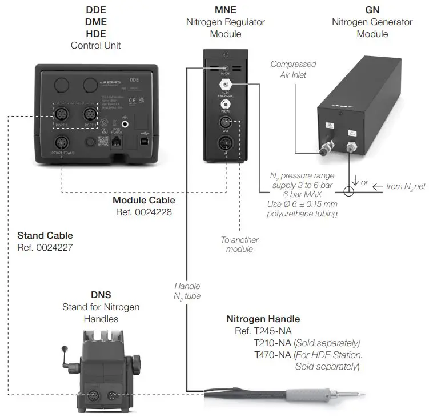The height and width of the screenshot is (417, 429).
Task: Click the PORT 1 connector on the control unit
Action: [x=89, y=113]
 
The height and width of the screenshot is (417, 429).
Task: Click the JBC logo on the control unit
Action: [x=107, y=83]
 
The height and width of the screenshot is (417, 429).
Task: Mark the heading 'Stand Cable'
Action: [x=45, y=235]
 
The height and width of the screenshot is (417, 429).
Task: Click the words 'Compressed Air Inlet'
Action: [x=293, y=70]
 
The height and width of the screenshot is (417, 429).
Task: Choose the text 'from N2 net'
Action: [x=406, y=186]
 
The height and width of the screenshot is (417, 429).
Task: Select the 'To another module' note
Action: [x=239, y=244]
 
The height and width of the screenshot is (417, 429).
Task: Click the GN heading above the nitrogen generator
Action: [x=372, y=10]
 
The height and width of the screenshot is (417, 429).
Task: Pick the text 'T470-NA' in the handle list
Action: [x=272, y=355]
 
